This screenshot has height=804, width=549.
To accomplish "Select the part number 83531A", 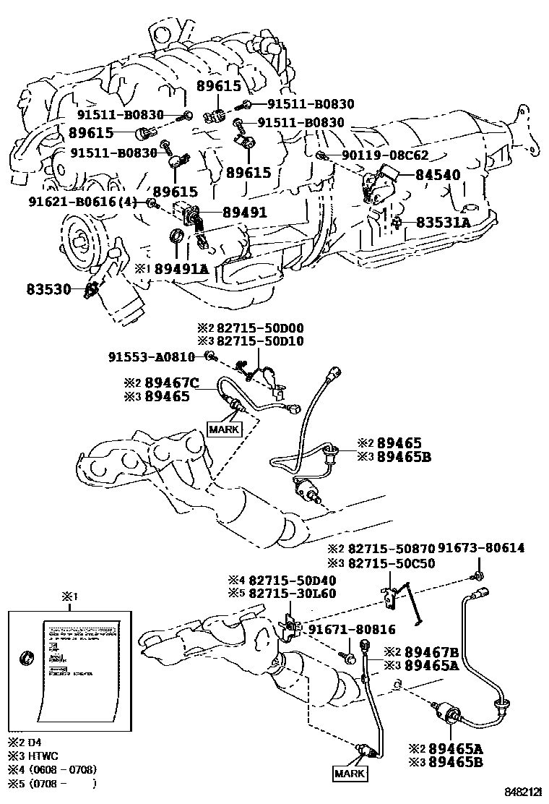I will tap(443, 223).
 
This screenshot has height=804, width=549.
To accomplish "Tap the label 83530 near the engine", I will tap(49, 289).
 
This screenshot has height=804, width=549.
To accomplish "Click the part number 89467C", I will tap(171, 382).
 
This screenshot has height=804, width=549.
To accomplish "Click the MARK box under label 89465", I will tap(223, 428).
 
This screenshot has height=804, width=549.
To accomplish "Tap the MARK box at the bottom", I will tap(350, 774).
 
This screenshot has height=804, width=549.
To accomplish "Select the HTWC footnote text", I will tap(38, 756).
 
